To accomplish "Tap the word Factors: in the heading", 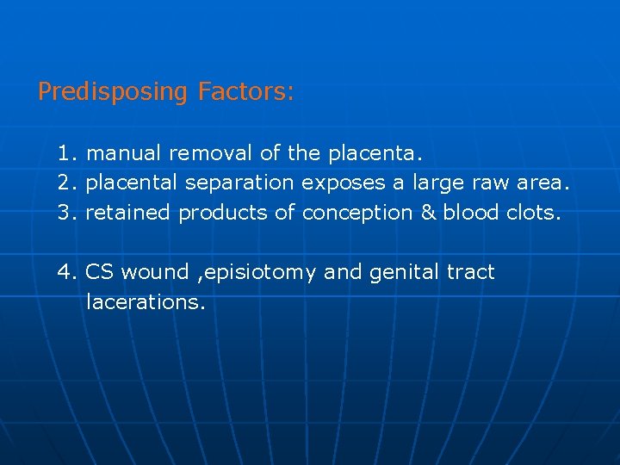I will [245, 91].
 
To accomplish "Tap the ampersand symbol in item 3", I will [428, 213].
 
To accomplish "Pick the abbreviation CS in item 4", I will [100, 273].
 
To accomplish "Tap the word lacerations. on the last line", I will [146, 302].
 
